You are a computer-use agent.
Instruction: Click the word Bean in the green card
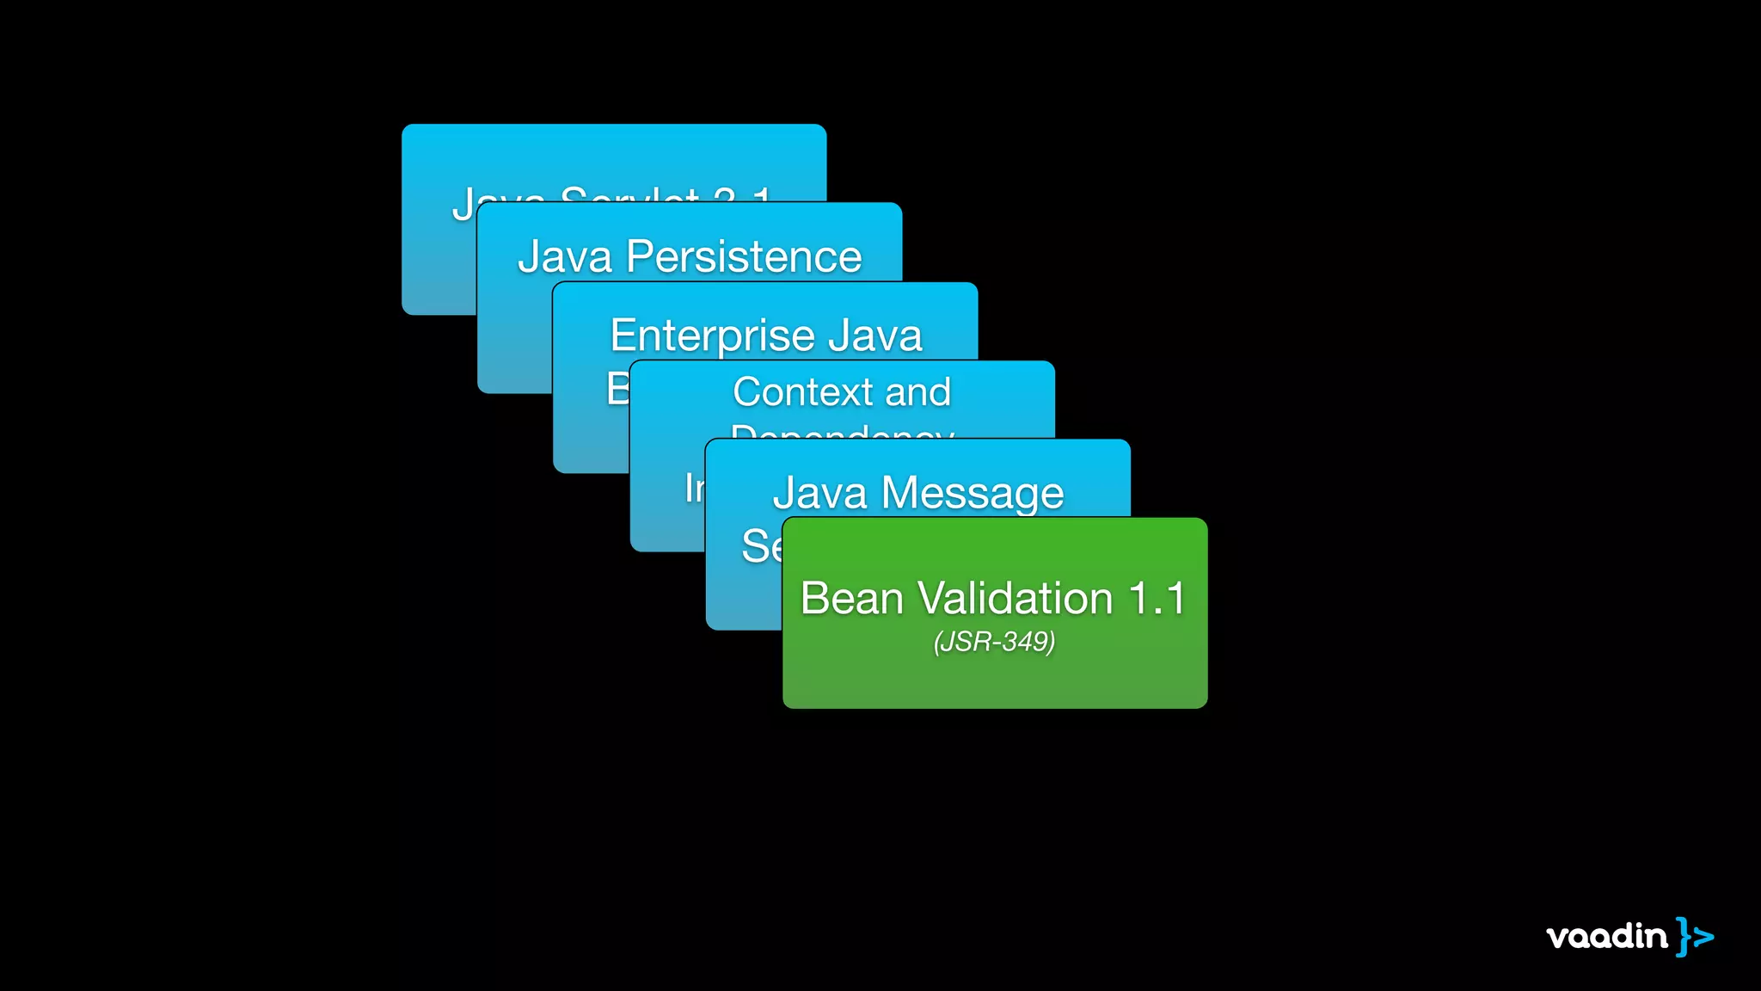click(851, 599)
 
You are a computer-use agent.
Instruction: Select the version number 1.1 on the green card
click(1157, 599)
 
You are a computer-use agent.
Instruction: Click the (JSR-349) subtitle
click(995, 642)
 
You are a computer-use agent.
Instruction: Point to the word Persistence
click(744, 256)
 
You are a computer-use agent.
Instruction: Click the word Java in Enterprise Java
click(875, 335)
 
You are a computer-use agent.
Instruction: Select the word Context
click(803, 392)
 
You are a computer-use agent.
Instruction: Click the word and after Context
click(918, 392)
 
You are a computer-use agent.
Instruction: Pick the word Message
click(973, 494)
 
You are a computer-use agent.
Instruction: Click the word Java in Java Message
click(819, 493)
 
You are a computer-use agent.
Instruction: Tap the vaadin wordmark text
click(1606, 936)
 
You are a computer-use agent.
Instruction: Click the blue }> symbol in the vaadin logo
click(1695, 937)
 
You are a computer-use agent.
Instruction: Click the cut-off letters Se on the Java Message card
click(761, 546)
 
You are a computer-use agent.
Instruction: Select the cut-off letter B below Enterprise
click(617, 389)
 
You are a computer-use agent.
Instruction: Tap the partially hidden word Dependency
click(842, 431)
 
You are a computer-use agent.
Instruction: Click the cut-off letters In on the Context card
click(694, 489)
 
